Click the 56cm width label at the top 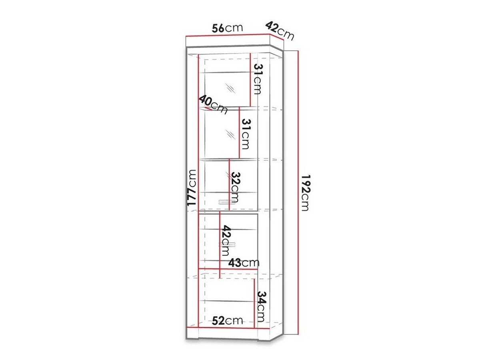point(227,28)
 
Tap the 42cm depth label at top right point(280,31)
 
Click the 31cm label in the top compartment point(257,79)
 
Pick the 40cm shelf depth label point(213,104)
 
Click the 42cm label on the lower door point(226,241)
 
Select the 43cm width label point(244,263)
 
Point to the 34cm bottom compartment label point(261,307)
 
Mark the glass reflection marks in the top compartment point(230,88)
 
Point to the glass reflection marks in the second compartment point(230,134)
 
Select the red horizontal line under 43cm point(228,269)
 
